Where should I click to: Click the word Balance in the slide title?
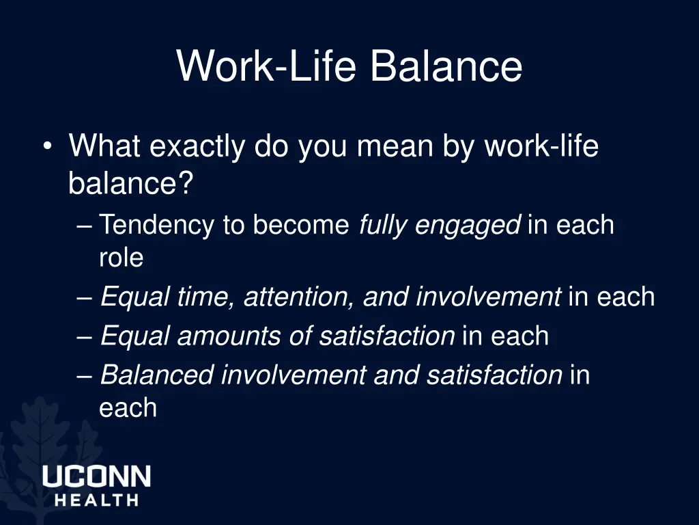point(446,67)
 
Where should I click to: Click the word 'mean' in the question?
point(387,146)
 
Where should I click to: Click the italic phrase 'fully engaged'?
point(439,226)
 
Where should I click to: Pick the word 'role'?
point(121,258)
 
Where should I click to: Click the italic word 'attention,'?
point(300,297)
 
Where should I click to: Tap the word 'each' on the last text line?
point(128,408)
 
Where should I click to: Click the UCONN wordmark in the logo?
point(96,476)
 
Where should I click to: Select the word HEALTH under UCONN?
point(96,500)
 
